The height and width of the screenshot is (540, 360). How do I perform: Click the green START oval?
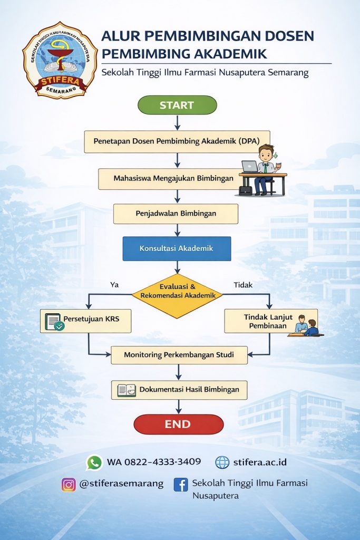pos(177,105)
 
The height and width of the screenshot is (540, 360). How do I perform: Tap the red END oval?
pos(179,424)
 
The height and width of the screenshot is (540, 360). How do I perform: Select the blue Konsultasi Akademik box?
pos(177,248)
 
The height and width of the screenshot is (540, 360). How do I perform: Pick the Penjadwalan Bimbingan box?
pos(176,214)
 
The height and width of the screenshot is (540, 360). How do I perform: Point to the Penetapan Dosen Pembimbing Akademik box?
pos(177,141)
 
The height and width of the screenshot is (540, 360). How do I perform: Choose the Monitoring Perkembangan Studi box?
pos(179,355)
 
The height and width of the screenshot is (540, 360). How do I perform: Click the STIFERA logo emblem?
pos(60,60)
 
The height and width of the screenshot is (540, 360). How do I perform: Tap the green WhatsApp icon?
pos(94,462)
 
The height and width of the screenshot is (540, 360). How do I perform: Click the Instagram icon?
pos(69,484)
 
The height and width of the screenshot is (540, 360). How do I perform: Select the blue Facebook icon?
pos(181,484)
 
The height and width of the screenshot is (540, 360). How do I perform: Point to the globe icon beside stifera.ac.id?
pos(222,462)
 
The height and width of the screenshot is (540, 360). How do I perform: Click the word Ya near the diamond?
pos(114,285)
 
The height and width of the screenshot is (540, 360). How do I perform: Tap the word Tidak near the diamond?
pos(243,285)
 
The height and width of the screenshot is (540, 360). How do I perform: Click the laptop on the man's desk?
pos(250,167)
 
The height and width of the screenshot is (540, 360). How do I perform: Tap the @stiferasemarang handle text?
pos(121,484)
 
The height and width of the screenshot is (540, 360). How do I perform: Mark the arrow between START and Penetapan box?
pos(177,122)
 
